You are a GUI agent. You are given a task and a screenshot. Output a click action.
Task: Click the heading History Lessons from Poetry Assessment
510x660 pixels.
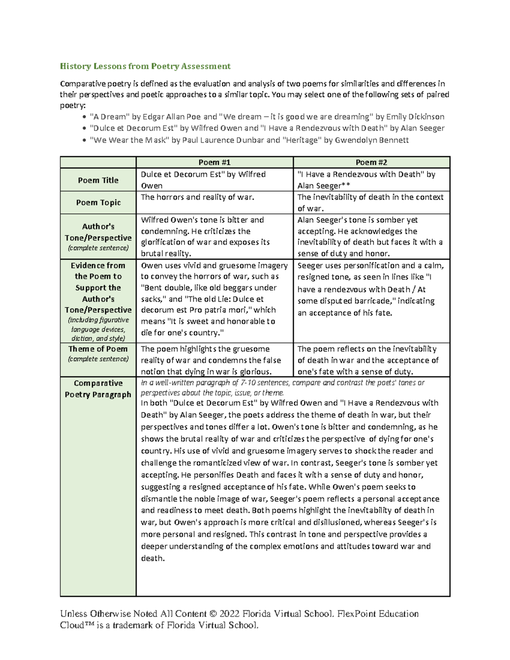[x=145, y=66]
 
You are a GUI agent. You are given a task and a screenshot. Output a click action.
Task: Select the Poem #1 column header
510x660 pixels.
[x=214, y=162]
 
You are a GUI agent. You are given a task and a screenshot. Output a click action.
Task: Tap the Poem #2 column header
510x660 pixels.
[x=371, y=162]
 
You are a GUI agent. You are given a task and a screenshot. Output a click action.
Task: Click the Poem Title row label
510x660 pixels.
[x=98, y=180]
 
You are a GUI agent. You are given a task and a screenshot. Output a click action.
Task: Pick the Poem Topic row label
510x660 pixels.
[x=98, y=202]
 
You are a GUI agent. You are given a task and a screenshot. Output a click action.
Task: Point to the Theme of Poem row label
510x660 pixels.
[x=98, y=349]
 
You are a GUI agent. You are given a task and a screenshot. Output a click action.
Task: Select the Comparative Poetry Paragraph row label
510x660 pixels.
[x=98, y=389]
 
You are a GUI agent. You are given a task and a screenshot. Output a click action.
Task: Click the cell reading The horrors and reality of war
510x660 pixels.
[x=197, y=197]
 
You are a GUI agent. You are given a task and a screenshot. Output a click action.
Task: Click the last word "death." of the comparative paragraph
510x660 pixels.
[x=153, y=558]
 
